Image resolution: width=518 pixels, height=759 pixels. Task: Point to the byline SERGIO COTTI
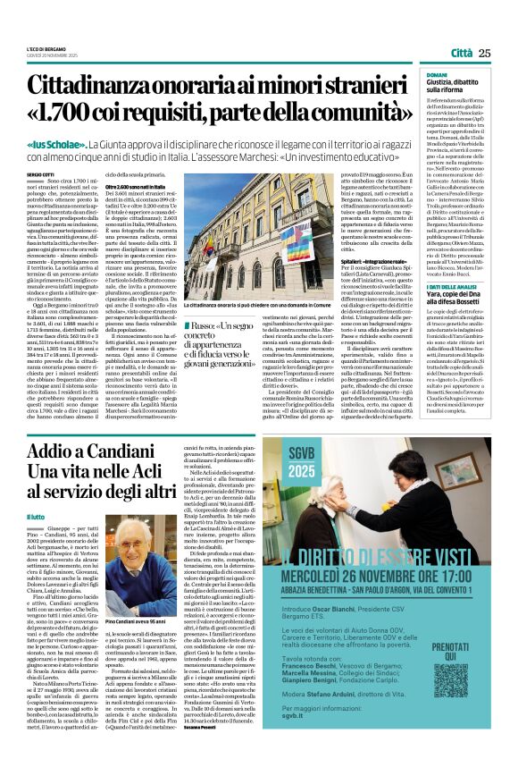tap(39, 173)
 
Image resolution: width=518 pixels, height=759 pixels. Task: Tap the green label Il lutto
tap(36, 516)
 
